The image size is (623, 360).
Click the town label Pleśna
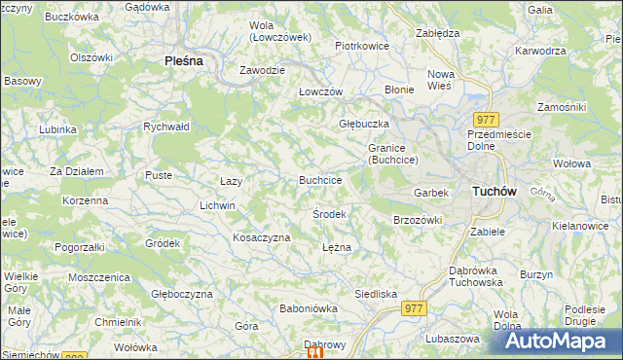coord(183,60)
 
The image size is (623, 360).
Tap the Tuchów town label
coord(494,192)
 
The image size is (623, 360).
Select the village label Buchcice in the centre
coord(319,180)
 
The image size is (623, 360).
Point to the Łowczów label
coord(320,90)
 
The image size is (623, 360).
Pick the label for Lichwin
coord(217,205)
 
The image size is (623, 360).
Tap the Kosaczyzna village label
coord(262,237)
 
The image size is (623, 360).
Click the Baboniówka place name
coord(308,308)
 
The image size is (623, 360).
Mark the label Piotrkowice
coord(362,46)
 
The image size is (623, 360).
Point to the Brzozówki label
coord(418,220)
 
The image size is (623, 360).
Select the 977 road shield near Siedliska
coord(414,307)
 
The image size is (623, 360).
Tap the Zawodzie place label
coord(264,70)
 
